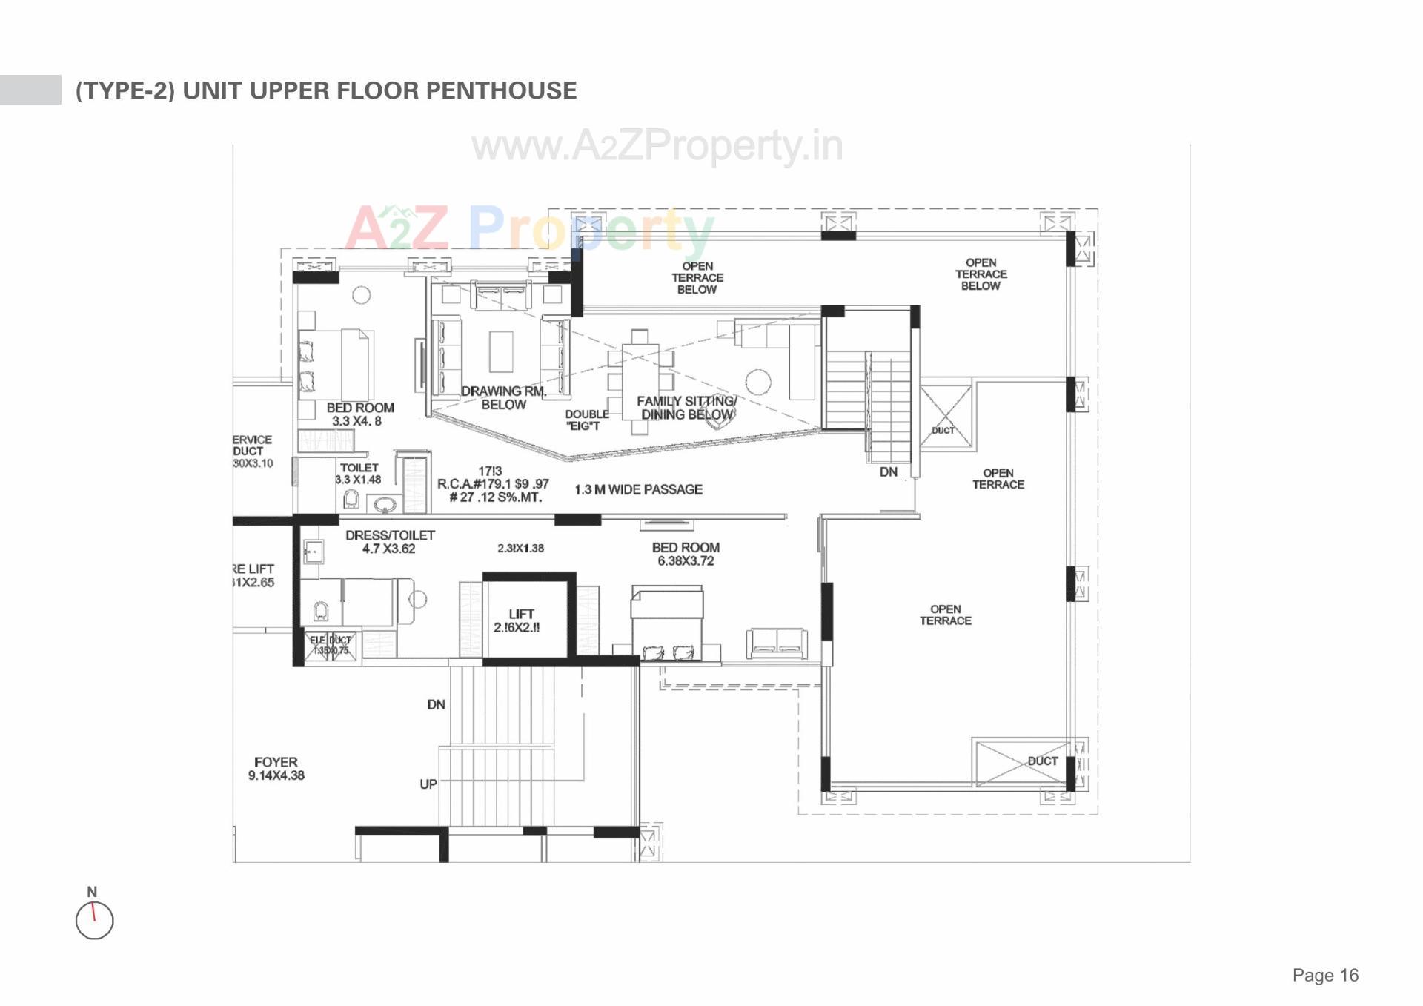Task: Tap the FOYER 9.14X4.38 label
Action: click(x=276, y=769)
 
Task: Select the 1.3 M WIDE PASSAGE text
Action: click(x=638, y=489)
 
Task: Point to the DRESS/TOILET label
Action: click(x=390, y=542)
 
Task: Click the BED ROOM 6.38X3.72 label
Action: click(x=686, y=554)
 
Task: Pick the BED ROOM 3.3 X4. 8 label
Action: click(x=359, y=414)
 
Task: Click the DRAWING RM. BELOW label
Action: click(x=503, y=397)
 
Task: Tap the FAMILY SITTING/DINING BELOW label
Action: click(x=686, y=408)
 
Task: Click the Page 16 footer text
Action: click(x=1325, y=975)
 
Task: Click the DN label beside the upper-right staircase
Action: click(x=888, y=472)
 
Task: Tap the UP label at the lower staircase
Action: click(x=428, y=784)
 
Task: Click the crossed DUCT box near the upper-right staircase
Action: click(x=945, y=415)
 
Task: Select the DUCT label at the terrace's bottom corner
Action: click(x=1042, y=761)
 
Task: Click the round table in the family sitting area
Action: click(x=757, y=382)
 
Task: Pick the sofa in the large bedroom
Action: click(x=776, y=643)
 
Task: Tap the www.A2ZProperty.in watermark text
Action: click(x=657, y=146)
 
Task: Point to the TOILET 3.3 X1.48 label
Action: click(x=359, y=474)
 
